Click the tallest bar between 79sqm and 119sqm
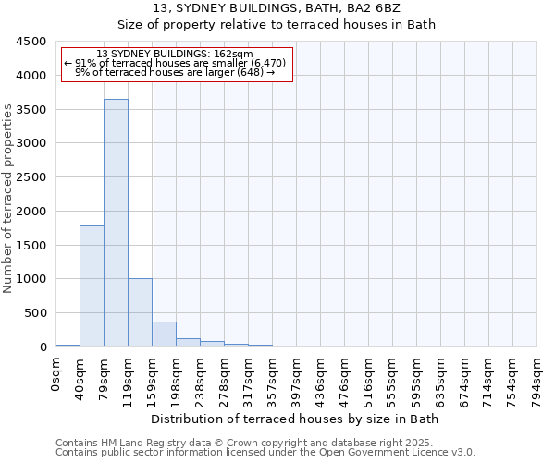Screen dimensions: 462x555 pyautogui.click(x=116, y=223)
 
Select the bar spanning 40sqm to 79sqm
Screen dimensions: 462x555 pyautogui.click(x=92, y=286)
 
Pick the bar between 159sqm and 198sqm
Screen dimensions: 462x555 pyautogui.click(x=164, y=334)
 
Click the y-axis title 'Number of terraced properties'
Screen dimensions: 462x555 pyautogui.click(x=8, y=199)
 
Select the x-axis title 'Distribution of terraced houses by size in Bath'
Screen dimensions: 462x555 pyautogui.click(x=296, y=419)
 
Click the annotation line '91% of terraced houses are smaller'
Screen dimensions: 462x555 pyautogui.click(x=176, y=63)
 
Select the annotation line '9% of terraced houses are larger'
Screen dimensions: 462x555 pyautogui.click(x=176, y=72)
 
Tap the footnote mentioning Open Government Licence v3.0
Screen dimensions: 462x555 pyautogui.click(x=265, y=453)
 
